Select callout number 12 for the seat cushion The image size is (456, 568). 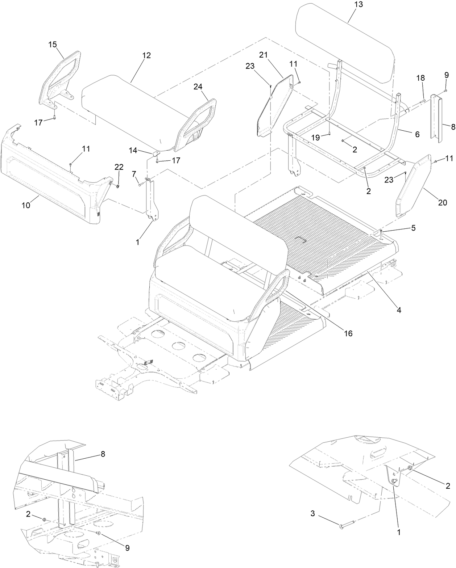(x=146, y=55)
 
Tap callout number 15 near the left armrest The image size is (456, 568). (x=53, y=44)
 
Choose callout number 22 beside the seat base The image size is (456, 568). (x=119, y=167)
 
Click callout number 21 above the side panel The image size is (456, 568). (x=263, y=55)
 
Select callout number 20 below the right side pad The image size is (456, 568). (x=443, y=203)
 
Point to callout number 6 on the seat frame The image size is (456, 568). (x=417, y=134)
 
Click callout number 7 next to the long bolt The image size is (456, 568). (x=134, y=174)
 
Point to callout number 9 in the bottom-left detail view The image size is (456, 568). (x=128, y=548)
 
